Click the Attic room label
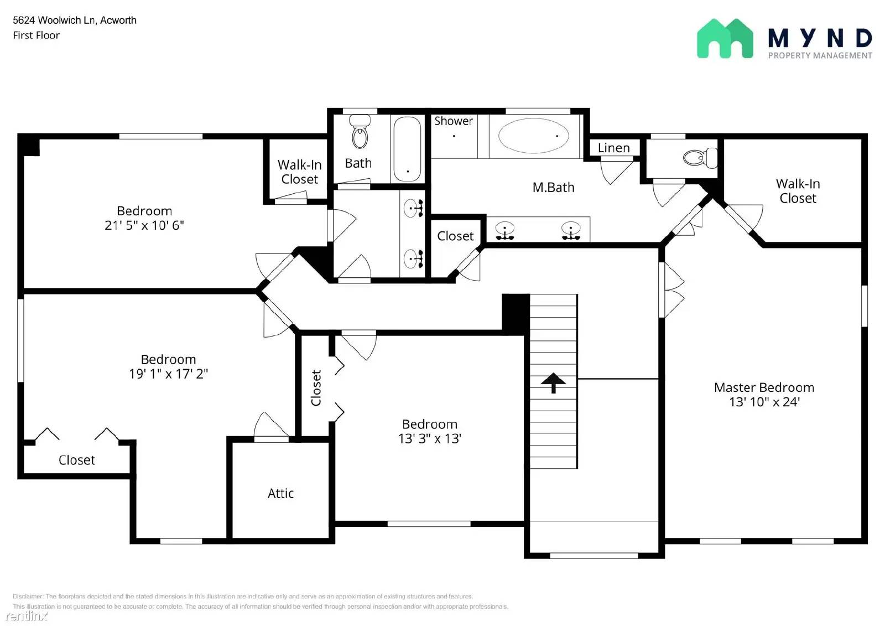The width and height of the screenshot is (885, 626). point(280,493)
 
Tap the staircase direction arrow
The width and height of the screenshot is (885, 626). point(553,382)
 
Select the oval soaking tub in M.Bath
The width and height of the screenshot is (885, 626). point(533,136)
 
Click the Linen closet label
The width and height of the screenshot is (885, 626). point(613,148)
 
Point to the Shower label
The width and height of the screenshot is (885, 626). point(453,121)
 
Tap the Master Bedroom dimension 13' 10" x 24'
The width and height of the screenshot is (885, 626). point(764,402)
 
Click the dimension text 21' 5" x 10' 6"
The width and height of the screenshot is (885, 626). point(144,225)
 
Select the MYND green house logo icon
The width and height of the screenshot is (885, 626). point(725,39)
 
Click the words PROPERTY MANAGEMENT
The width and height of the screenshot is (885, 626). point(820,55)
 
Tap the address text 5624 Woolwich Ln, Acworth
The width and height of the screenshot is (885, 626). point(75,20)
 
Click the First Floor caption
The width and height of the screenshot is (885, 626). point(36,35)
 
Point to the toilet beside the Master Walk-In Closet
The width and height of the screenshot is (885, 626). point(700,158)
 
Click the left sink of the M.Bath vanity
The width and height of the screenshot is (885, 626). point(504,230)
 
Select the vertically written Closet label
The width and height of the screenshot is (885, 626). point(316,387)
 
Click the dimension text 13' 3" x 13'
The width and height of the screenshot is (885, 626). point(429,439)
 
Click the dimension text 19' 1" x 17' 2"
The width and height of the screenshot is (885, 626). point(168,374)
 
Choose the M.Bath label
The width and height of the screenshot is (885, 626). point(553,188)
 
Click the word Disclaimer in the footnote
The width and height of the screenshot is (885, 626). point(28,596)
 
